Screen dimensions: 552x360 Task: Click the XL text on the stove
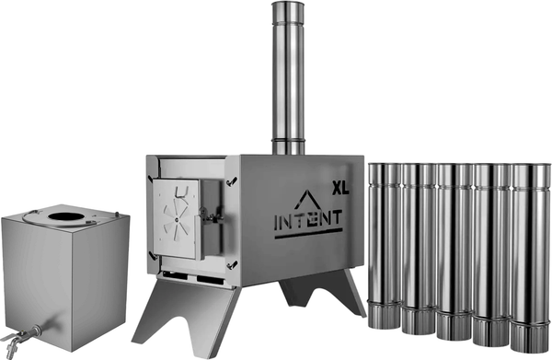pyautogui.click(x=340, y=188)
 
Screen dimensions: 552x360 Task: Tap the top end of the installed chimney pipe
pyautogui.click(x=288, y=4)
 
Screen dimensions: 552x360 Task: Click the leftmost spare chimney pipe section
pyautogui.click(x=385, y=246)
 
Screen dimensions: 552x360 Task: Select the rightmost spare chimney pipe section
pyautogui.click(x=530, y=258)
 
